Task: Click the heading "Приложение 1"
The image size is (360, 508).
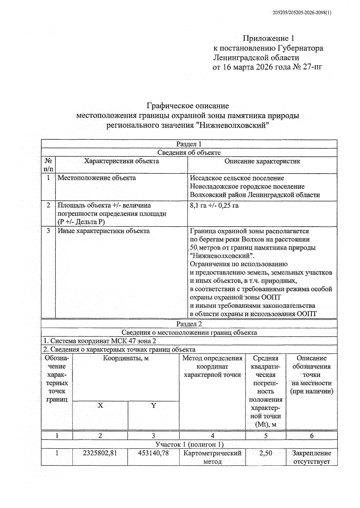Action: (x=268, y=38)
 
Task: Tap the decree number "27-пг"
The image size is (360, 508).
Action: (x=313, y=67)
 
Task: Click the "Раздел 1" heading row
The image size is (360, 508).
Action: (x=189, y=144)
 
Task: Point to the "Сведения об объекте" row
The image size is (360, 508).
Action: (x=189, y=152)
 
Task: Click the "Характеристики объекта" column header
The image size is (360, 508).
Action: (x=121, y=161)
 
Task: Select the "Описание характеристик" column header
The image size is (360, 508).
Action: (x=262, y=161)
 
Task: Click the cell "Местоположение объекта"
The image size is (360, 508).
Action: (x=97, y=178)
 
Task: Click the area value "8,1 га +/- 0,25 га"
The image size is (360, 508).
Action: (x=214, y=205)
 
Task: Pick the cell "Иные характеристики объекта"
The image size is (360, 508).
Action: (x=103, y=231)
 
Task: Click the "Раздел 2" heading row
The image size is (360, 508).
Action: (x=189, y=324)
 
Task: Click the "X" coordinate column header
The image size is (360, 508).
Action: (x=100, y=405)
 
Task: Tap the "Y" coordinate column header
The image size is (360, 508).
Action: (x=154, y=405)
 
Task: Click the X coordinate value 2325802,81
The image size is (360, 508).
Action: (x=100, y=453)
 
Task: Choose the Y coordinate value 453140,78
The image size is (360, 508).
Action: (x=153, y=453)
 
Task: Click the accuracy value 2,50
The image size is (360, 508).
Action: (x=265, y=453)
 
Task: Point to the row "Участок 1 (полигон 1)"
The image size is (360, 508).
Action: (x=189, y=444)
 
